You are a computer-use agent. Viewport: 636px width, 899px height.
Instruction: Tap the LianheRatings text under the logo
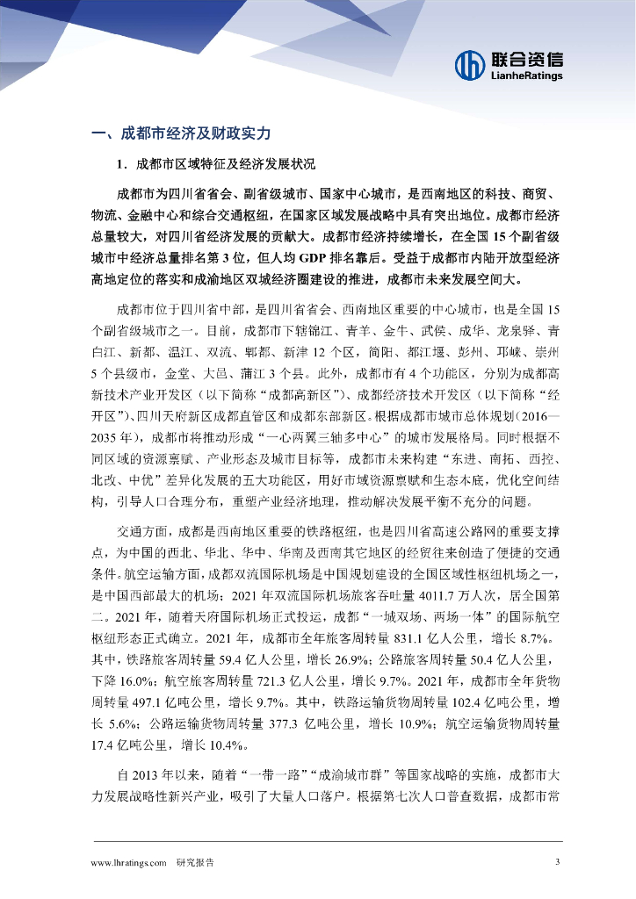[x=526, y=76]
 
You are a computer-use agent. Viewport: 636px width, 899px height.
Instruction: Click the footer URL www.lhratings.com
[x=129, y=862]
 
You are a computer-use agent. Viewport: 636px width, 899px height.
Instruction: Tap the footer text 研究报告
[x=195, y=862]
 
